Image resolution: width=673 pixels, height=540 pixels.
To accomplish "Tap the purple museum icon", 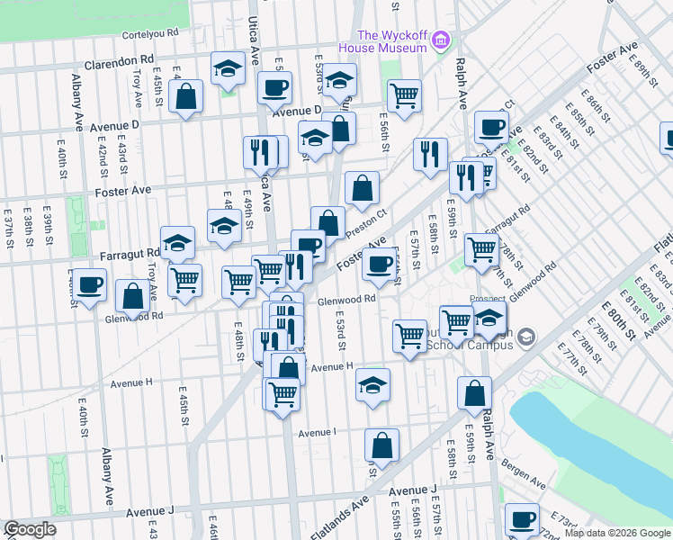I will [441, 40].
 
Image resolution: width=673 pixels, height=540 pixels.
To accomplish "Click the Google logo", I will [30, 529].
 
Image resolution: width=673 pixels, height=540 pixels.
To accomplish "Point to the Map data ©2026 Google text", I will [616, 533].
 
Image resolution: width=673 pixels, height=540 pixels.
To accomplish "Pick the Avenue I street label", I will [317, 432].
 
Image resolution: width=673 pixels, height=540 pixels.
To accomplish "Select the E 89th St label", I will [641, 66].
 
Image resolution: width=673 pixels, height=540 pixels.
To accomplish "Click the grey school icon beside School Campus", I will [526, 337].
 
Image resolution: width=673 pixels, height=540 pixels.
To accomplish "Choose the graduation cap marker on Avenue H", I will [372, 385].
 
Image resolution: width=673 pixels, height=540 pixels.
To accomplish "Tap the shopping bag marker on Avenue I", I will [381, 445].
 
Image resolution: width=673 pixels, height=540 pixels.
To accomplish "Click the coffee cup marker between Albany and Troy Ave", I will [89, 284].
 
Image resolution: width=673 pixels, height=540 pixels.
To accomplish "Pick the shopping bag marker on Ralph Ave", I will [474, 392].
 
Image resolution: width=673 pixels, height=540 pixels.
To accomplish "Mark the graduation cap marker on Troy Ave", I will [178, 242].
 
